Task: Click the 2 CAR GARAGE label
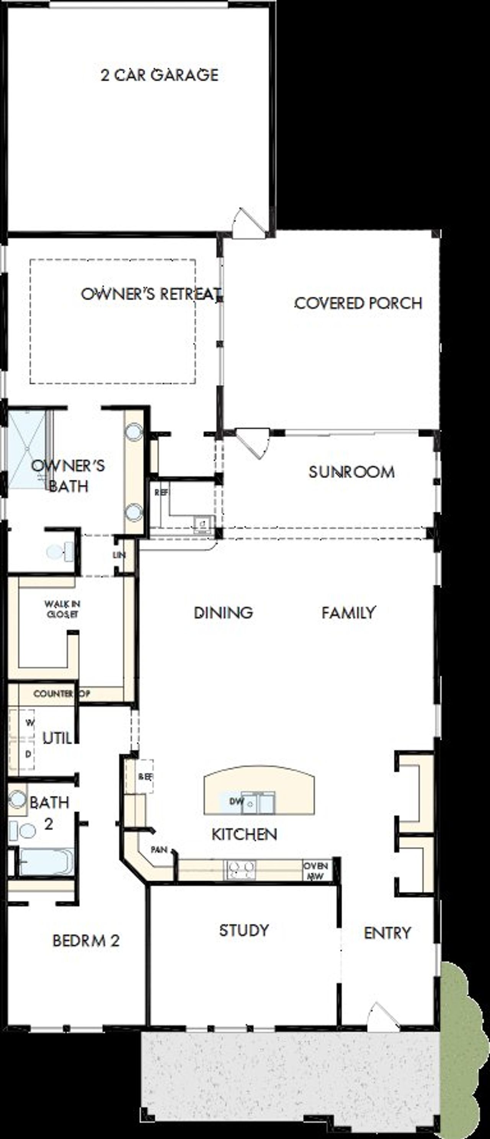pos(160,75)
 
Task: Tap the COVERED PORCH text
pos(358,303)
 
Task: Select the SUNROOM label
pos(351,472)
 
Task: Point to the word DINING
pos(223,612)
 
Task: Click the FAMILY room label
pos(349,612)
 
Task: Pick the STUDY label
pos(244,930)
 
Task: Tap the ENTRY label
pos(387,933)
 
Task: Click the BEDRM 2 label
pos(86,941)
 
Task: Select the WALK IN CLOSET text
pos(62,609)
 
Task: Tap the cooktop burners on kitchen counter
pos(240,869)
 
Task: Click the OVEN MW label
pos(315,870)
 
